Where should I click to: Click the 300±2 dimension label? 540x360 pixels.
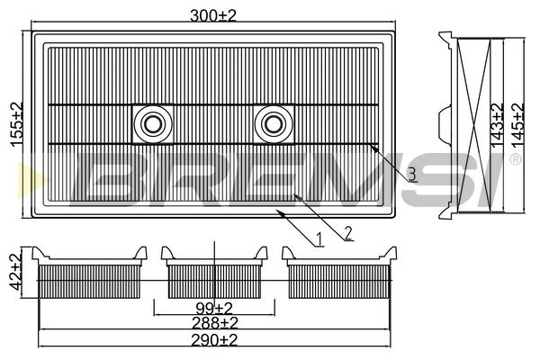click(213, 16)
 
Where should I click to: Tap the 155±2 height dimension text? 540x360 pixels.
click(16, 125)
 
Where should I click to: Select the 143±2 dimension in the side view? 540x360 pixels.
click(497, 126)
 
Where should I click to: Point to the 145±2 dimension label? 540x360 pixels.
click(517, 126)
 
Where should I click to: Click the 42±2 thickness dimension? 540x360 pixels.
click(14, 272)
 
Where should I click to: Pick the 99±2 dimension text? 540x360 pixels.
click(214, 308)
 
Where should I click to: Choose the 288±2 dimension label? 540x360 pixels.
click(215, 323)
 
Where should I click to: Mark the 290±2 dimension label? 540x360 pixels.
click(214, 340)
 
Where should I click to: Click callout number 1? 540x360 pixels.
click(319, 239)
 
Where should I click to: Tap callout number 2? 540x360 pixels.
click(348, 233)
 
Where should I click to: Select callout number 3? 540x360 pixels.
click(411, 175)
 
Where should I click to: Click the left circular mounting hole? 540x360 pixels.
click(153, 124)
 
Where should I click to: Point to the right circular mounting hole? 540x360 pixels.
click(274, 124)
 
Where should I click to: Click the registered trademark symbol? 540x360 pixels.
click(515, 159)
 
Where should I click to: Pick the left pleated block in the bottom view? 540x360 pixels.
click(89, 282)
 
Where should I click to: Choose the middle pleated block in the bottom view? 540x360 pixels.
click(214, 282)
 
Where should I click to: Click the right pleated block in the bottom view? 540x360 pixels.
click(339, 282)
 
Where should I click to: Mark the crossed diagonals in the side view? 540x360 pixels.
click(474, 125)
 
